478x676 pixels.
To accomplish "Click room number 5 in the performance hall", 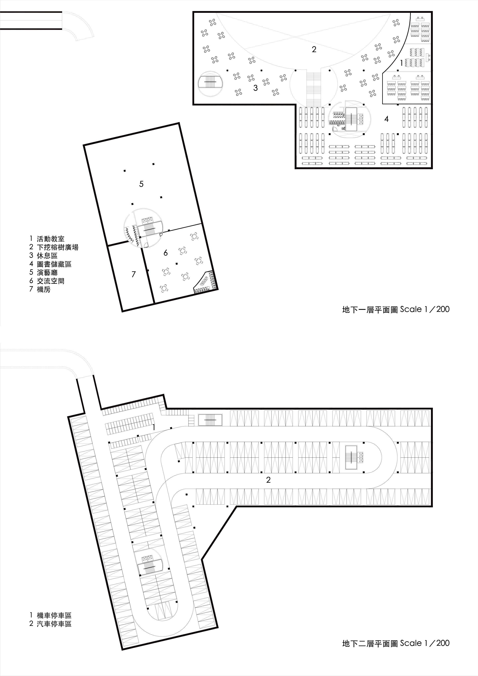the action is [141, 184].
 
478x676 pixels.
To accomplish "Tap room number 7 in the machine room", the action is [134, 274].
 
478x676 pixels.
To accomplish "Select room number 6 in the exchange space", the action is [166, 253].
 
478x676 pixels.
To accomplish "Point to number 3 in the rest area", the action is [256, 88].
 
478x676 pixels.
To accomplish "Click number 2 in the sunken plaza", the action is [314, 50].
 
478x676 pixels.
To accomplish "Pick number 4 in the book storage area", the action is [386, 119].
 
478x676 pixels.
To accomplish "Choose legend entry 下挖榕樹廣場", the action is [58, 247].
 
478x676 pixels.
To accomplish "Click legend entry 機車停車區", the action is [54, 615].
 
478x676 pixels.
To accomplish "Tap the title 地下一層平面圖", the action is [370, 309].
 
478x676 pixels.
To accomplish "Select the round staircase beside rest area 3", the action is [209, 83].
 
